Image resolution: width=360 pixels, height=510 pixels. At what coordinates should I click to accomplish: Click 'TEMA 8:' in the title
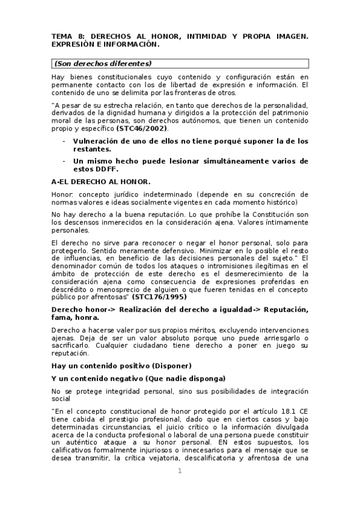click(67, 37)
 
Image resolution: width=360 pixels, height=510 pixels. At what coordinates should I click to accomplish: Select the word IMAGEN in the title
click(286, 37)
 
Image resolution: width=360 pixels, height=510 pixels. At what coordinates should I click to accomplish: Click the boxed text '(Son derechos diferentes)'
click(103, 63)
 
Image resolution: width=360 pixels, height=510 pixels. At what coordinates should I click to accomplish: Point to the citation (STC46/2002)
click(142, 129)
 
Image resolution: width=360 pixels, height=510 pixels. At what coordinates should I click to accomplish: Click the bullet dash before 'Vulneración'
click(64, 141)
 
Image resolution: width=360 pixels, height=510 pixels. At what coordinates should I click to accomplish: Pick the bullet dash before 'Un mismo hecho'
click(64, 161)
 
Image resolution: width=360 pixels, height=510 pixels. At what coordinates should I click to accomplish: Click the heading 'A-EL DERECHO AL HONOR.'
click(101, 182)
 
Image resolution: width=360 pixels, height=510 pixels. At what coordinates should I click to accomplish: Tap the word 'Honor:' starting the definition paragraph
click(63, 195)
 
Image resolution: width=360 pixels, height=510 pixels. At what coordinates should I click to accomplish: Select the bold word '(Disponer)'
click(172, 366)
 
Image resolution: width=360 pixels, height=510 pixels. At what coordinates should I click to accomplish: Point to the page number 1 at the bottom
click(180, 471)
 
